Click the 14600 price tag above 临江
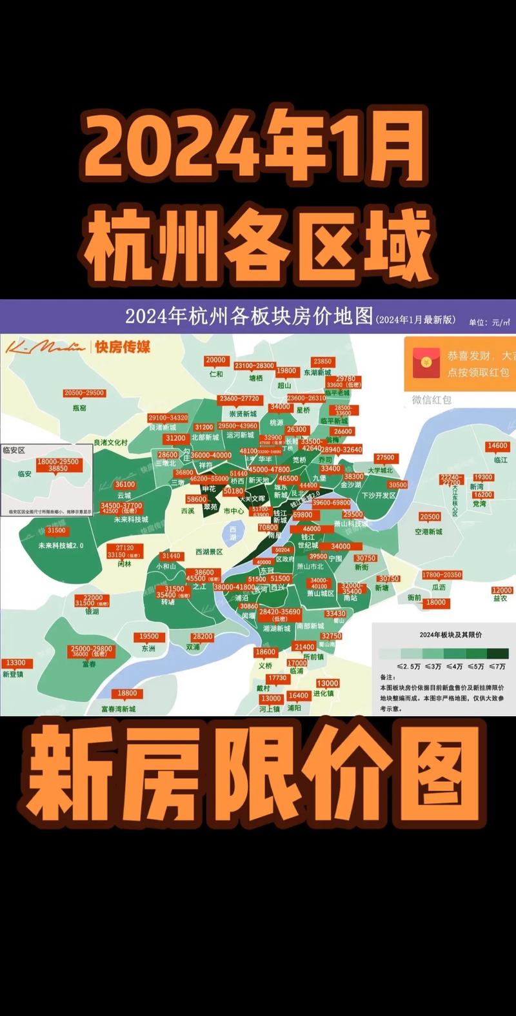click(497, 446)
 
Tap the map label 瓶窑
click(79, 407)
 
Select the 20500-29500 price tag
click(84, 393)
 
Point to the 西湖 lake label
click(233, 532)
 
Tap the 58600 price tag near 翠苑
click(197, 499)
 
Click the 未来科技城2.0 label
click(61, 545)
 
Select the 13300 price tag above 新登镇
click(15, 663)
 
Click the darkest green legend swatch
click(497, 654)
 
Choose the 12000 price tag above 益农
click(502, 590)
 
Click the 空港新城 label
click(429, 531)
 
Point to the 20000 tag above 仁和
click(215, 360)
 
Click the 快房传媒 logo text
click(122, 347)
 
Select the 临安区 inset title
click(14, 450)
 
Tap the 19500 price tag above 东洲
click(148, 636)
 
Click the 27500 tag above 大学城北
click(385, 458)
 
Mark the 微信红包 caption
click(432, 400)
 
